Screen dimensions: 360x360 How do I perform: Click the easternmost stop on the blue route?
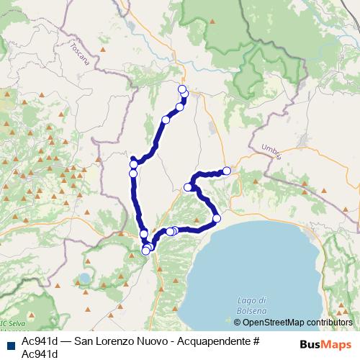(227, 171)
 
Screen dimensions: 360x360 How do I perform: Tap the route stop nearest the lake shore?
(216, 218)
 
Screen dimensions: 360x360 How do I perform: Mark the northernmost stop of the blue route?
(182, 89)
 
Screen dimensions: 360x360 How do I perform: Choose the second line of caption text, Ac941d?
(40, 354)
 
